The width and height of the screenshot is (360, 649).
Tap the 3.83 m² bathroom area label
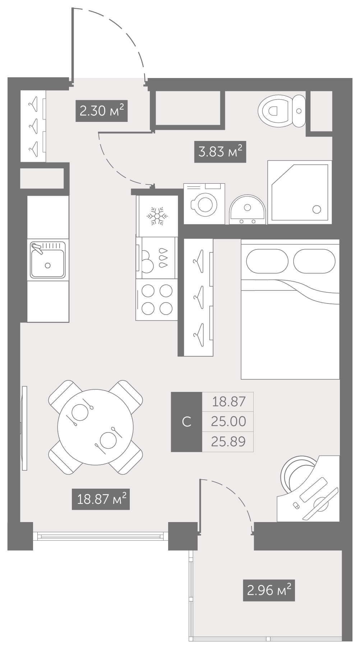(220, 152)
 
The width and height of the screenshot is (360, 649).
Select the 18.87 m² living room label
(101, 499)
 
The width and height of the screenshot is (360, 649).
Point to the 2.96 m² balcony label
(269, 590)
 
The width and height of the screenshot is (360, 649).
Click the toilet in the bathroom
(282, 111)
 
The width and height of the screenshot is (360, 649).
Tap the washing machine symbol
(204, 204)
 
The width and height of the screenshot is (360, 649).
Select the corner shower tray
(300, 192)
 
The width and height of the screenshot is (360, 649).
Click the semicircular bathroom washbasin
(248, 210)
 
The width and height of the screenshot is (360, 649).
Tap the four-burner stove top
(157, 300)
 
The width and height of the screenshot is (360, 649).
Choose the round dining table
(96, 427)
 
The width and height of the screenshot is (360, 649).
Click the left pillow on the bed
(267, 261)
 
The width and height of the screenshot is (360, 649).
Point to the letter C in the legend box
(186, 421)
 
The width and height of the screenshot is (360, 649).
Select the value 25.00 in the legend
(229, 421)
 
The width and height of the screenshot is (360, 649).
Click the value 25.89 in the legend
(229, 441)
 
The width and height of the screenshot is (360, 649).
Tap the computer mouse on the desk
(296, 506)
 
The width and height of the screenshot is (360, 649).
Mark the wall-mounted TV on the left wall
(24, 428)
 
